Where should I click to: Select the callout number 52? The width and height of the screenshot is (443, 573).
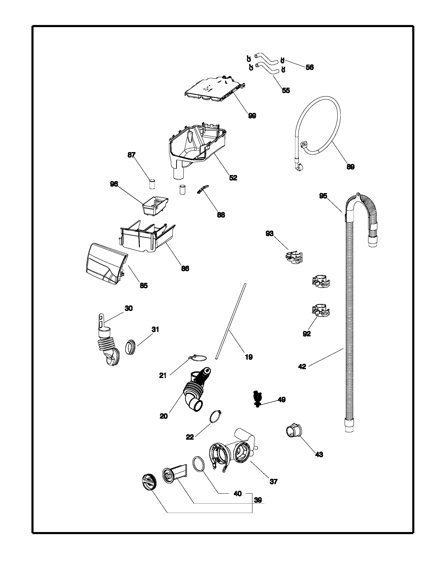tap(233, 178)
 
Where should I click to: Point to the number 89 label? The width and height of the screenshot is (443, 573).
tap(351, 167)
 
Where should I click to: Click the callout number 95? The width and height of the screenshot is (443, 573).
tap(323, 196)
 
